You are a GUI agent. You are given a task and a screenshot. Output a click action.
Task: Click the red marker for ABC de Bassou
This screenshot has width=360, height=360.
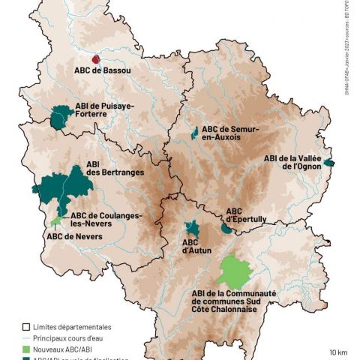click(95, 58)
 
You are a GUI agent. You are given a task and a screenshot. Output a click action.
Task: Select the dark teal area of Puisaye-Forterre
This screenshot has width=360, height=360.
click(61, 117)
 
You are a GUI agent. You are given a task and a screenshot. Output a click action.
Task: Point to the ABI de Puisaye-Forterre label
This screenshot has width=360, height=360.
click(105, 110)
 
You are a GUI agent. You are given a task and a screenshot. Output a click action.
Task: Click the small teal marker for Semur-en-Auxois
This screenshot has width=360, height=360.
click(195, 133)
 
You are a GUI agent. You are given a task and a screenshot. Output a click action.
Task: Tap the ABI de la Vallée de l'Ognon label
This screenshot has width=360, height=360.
click(292, 162)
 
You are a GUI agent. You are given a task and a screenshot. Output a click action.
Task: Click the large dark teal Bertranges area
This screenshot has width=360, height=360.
click(64, 186)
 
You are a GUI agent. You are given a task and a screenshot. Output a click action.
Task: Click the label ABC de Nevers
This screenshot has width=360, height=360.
click(74, 237)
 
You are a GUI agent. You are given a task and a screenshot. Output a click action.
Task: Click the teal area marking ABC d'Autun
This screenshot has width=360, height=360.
click(193, 229)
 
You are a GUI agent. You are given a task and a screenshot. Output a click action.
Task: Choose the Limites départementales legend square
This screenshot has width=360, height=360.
click(26, 327)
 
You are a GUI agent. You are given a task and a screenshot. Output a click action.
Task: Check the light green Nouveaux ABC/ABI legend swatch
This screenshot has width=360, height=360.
click(26, 349)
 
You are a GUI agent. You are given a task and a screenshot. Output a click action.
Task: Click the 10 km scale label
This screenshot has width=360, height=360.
click(337, 351)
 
